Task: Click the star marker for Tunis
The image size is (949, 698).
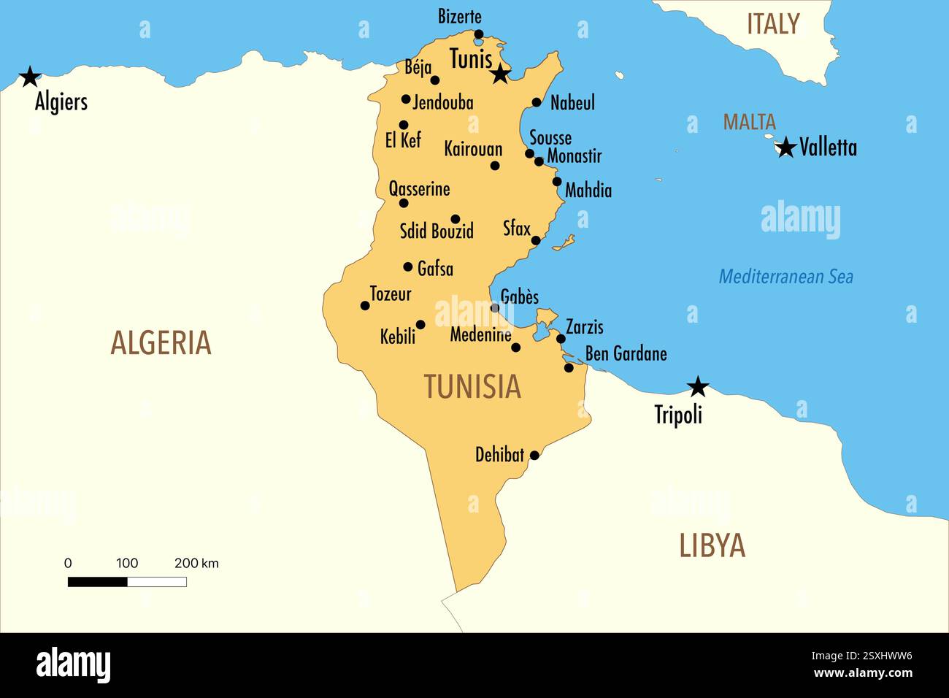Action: tap(500, 74)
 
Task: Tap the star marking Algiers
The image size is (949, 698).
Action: tap(30, 77)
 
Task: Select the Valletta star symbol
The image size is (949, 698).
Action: tap(785, 147)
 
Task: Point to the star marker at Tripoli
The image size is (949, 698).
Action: tap(699, 387)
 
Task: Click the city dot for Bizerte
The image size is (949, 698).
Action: tap(479, 34)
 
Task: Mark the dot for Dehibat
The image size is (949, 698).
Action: tap(534, 456)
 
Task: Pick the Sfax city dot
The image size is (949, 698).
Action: tap(535, 240)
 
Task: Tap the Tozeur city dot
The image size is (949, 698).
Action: tap(365, 306)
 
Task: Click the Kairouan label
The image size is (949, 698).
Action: tap(473, 149)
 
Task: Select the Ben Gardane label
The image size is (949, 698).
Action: tap(626, 354)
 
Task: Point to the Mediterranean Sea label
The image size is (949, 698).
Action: tap(785, 277)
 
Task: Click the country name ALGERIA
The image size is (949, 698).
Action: tap(161, 343)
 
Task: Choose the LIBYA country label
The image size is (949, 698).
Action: tap(712, 546)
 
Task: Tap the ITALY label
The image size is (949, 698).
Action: tap(773, 25)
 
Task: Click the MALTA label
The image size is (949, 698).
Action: tap(749, 122)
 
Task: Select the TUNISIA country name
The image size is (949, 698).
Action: tap(472, 387)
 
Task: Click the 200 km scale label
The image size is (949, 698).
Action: tap(196, 563)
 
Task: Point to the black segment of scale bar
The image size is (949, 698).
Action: tap(98, 582)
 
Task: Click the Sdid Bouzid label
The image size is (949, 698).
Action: tap(437, 231)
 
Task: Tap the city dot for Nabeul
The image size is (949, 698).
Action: tap(537, 103)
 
